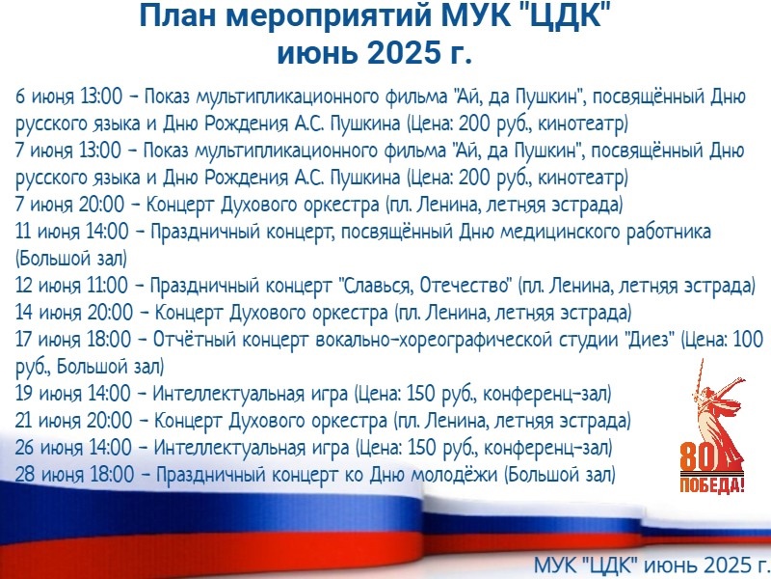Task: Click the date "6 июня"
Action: pyautogui.click(x=43, y=96)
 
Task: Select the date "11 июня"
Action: pyautogui.click(x=47, y=232)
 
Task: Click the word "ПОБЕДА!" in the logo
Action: pyautogui.click(x=712, y=484)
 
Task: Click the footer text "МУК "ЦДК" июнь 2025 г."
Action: pyautogui.click(x=652, y=565)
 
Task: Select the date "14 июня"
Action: pyautogui.click(x=49, y=313)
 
